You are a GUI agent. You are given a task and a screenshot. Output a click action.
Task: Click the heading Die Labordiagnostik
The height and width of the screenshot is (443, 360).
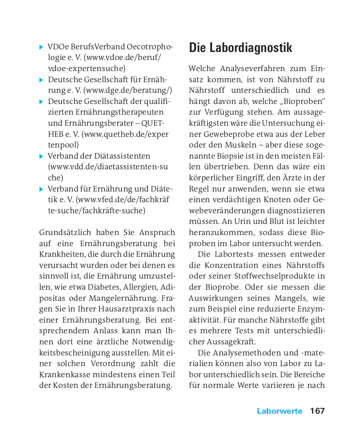(x=240, y=48)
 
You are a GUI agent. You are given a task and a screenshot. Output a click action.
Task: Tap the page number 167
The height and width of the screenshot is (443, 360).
(x=317, y=411)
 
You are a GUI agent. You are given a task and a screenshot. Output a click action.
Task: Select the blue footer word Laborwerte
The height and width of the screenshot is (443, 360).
(x=279, y=411)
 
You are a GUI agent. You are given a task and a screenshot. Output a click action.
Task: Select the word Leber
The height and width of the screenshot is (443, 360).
(x=315, y=134)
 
